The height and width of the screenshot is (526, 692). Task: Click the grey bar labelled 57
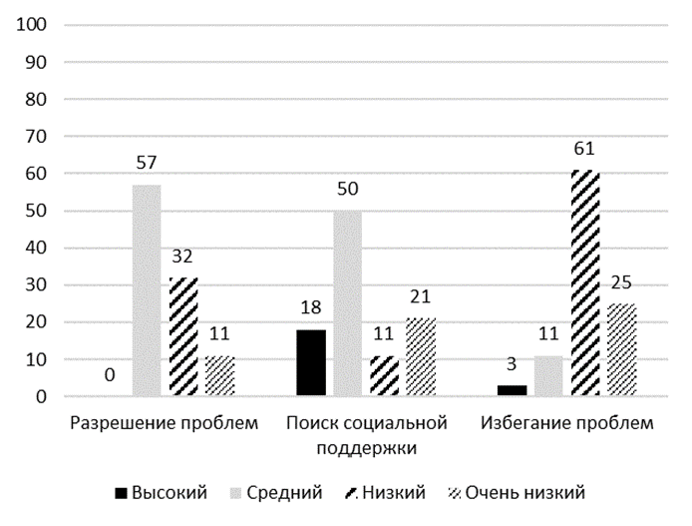click(147, 290)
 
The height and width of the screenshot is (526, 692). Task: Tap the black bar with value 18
click(311, 363)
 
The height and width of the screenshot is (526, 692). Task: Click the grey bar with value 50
click(347, 303)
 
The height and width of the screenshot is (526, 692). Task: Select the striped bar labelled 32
click(182, 337)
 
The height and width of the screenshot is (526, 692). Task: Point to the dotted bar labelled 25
click(621, 350)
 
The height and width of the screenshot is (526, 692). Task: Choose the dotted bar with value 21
click(420, 357)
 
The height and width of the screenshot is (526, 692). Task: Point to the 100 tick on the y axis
click(35, 24)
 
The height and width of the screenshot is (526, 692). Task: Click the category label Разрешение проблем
click(165, 423)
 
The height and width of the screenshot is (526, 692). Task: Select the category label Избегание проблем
click(567, 423)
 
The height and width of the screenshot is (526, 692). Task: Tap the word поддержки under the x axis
click(366, 447)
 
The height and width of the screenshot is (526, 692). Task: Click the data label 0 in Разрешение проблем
click(111, 376)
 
